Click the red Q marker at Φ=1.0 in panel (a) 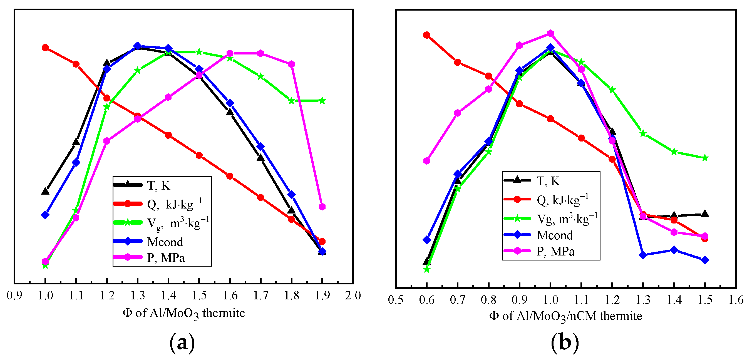coord(45,48)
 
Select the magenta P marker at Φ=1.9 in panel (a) coord(322,207)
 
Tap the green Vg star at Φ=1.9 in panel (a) coord(322,101)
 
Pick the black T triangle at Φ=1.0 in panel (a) coord(45,192)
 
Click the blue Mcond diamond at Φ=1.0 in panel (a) coord(45,215)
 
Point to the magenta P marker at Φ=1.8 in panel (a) coord(291,64)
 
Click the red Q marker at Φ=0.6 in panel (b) coord(426,35)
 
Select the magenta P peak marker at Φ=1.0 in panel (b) coord(550,34)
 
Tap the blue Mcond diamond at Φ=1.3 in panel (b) coord(642,255)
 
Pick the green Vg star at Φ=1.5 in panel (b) coord(705,158)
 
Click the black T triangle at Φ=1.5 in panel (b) coord(705,213)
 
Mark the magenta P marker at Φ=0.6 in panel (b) coord(426,161)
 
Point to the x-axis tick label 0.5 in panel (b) coord(396,300)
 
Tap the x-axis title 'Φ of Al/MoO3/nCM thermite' coord(565,316)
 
